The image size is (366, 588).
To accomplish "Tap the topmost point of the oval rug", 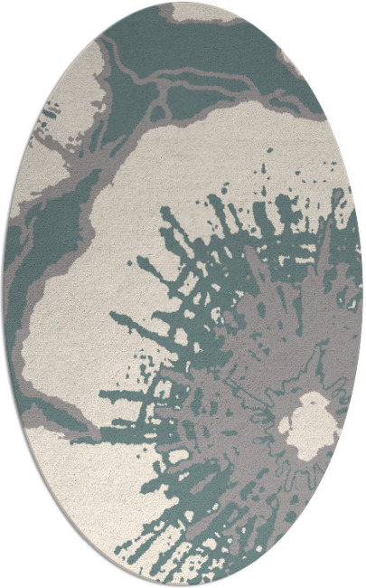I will pos(183,3).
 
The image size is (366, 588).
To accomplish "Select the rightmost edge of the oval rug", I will pos(362,294).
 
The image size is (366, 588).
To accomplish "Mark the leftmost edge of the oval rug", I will pos(4,294).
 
